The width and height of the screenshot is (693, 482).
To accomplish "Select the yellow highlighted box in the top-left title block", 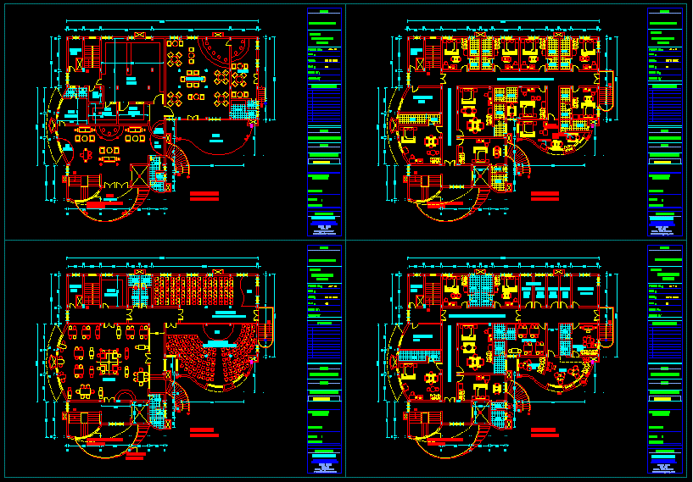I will click(x=322, y=160).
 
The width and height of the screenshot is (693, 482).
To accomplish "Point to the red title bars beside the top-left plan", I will click(x=204, y=196).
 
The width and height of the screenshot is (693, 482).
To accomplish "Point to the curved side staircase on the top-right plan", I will click(x=606, y=94).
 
